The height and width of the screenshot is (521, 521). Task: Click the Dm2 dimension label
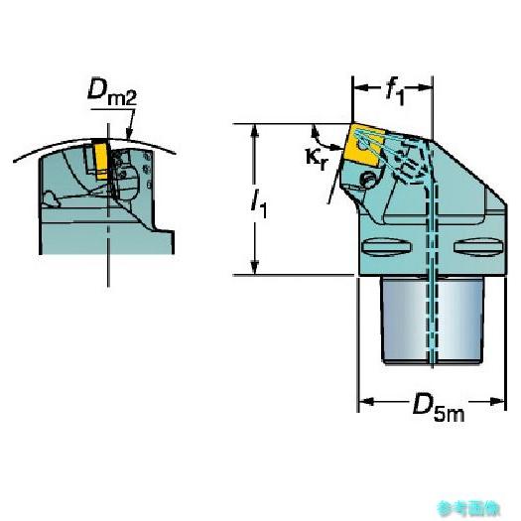tap(112, 92)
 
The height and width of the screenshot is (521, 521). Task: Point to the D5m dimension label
tap(438, 407)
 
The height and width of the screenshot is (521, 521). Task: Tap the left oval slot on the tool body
tap(386, 247)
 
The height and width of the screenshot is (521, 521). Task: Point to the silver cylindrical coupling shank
tap(432, 320)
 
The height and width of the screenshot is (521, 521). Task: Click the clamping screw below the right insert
tap(368, 179)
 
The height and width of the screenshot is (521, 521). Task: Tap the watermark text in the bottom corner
tap(468, 508)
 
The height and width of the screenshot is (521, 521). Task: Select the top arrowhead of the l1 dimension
tap(255, 131)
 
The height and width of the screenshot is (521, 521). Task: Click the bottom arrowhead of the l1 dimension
tap(255, 268)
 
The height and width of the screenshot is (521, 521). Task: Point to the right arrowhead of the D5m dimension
tap(498, 401)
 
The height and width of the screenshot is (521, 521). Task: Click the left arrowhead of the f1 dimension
tap(360, 87)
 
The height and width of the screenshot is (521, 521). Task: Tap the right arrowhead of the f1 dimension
tap(425, 87)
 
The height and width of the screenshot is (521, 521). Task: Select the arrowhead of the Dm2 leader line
tap(129, 133)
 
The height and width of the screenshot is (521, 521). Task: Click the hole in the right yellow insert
tap(362, 145)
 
